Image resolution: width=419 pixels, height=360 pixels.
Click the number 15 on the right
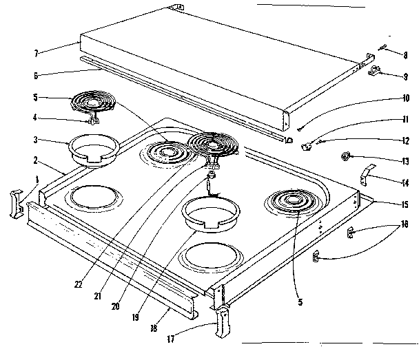click(x=403, y=204)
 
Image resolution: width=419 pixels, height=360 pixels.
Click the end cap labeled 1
click(x=14, y=204)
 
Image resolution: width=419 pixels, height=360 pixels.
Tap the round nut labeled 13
click(x=343, y=158)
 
